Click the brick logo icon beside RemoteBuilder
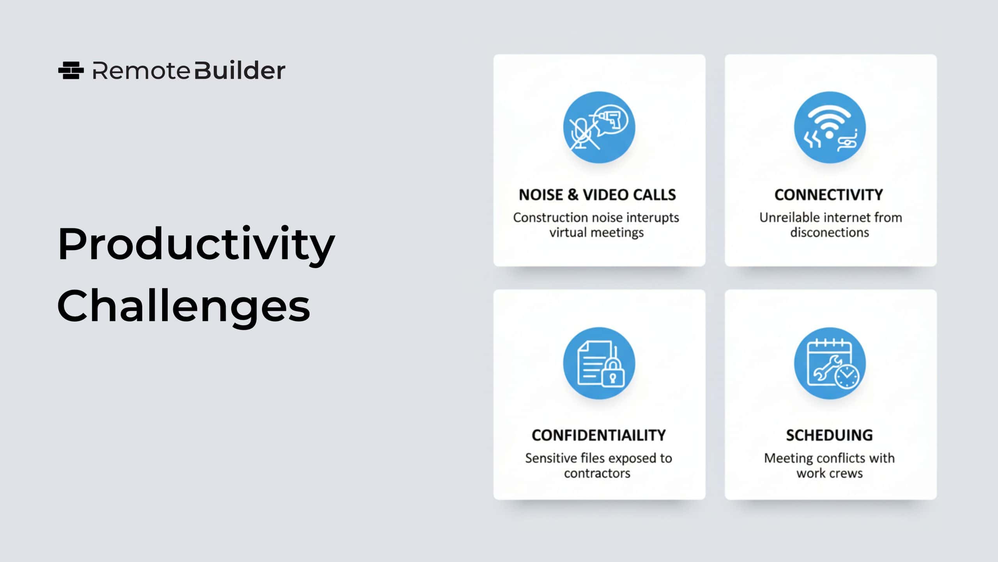pyautogui.click(x=71, y=71)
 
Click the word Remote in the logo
pyautogui.click(x=141, y=71)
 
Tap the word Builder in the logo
pyautogui.click(x=240, y=70)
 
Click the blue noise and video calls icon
pyautogui.click(x=599, y=127)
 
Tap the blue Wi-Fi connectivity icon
pyautogui.click(x=830, y=127)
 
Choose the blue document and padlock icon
pyautogui.click(x=599, y=363)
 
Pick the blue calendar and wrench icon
pyautogui.click(x=830, y=363)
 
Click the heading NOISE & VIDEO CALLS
pyautogui.click(x=597, y=195)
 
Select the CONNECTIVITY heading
pyautogui.click(x=829, y=195)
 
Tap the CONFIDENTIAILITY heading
pyautogui.click(x=599, y=435)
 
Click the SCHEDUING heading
pyautogui.click(x=829, y=435)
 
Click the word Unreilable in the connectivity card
pyautogui.click(x=787, y=217)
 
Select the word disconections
pyautogui.click(x=830, y=233)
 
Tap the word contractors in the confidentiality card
pyautogui.click(x=597, y=473)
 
